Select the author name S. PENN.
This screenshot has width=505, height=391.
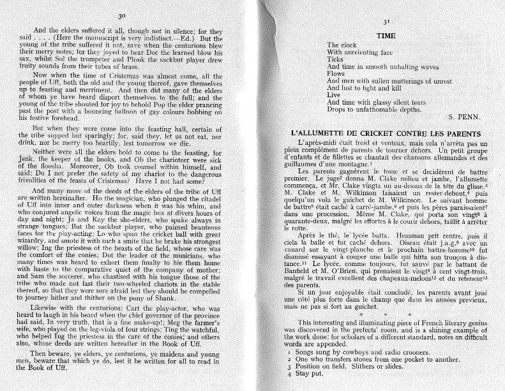(469, 117)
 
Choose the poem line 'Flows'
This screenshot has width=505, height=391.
(336, 73)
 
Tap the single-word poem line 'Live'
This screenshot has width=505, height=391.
(334, 94)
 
